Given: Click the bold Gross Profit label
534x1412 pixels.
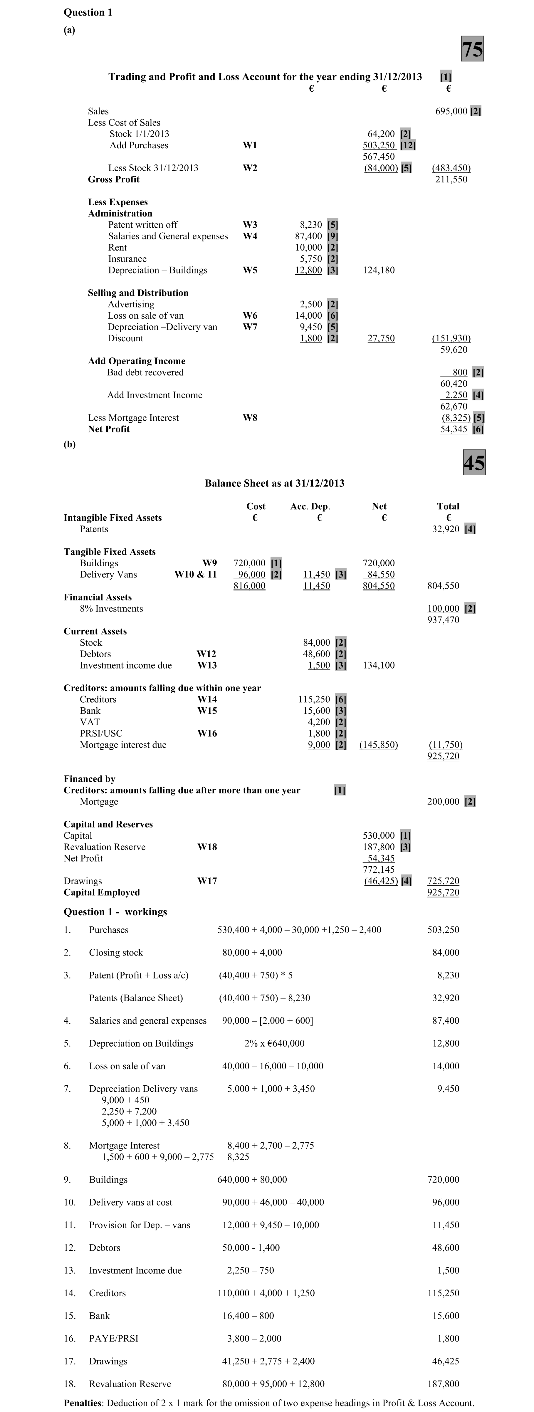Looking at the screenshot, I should (x=113, y=179).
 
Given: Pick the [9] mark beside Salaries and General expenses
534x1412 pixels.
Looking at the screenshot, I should (x=332, y=236).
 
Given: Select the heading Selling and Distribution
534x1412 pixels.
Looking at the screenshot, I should (x=138, y=293).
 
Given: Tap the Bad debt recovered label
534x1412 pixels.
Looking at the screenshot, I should (x=145, y=372).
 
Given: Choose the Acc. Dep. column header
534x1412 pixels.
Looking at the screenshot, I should (x=310, y=506).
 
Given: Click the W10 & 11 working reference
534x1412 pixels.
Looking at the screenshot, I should (x=196, y=575).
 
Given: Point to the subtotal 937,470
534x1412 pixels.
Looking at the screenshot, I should (x=443, y=620).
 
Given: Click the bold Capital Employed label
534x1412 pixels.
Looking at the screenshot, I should (x=101, y=892).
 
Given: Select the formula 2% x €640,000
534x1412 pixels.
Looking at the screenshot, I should (x=274, y=1044).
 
